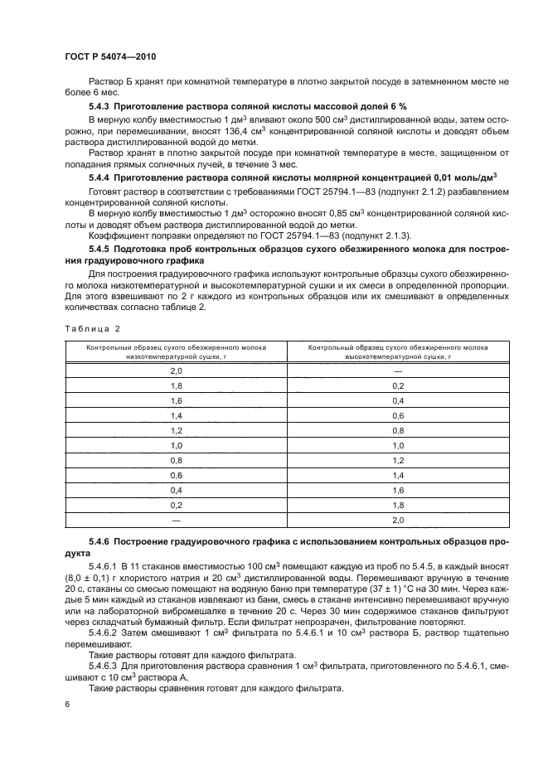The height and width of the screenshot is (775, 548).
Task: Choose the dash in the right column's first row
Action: coord(397,372)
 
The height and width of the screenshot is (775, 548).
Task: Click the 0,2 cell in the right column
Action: coord(397,386)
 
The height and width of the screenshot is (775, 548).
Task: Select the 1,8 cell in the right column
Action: coord(397,505)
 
